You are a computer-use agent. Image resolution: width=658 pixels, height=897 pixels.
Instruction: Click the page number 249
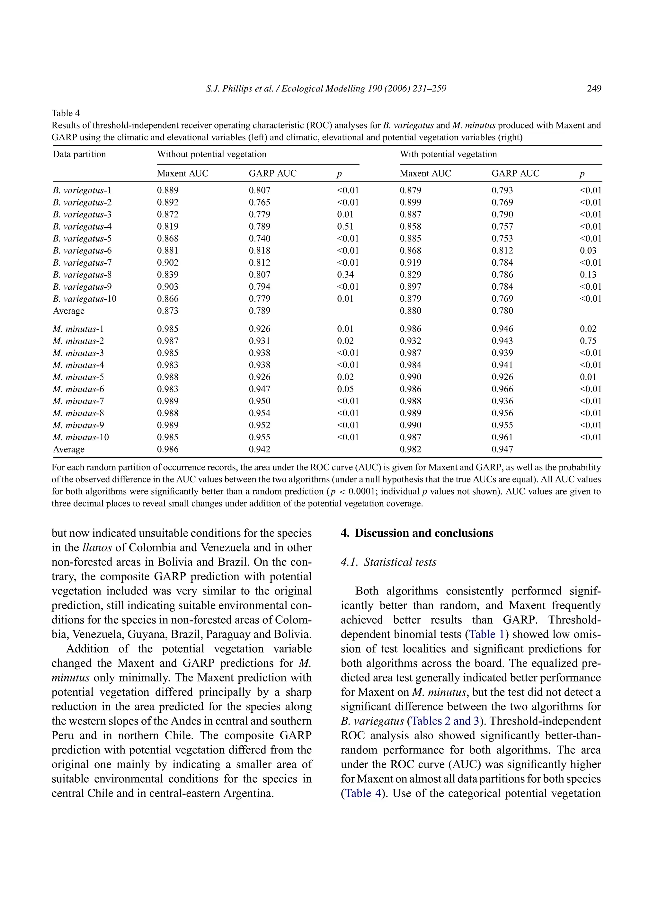click(x=594, y=89)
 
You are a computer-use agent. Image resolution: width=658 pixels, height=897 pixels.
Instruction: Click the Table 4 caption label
click(x=66, y=113)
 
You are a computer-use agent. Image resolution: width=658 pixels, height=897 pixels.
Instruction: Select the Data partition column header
click(x=79, y=154)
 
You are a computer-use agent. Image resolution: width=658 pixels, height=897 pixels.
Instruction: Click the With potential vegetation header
click(x=448, y=154)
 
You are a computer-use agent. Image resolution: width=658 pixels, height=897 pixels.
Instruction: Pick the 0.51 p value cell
click(x=345, y=226)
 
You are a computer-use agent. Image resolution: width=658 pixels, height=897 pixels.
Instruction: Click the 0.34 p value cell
click(x=345, y=275)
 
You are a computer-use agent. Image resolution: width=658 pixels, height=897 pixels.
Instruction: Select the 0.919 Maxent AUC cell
click(x=410, y=263)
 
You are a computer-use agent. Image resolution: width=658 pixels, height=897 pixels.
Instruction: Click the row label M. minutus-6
click(x=78, y=389)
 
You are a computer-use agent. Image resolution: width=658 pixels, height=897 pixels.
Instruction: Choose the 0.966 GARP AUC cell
click(x=502, y=389)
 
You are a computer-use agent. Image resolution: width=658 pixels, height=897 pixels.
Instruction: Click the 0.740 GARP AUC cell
click(x=259, y=239)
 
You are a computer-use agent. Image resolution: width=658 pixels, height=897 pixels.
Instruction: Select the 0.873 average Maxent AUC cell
click(x=168, y=311)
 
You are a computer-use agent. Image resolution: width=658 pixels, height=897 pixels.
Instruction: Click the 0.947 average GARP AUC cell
click(x=502, y=450)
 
